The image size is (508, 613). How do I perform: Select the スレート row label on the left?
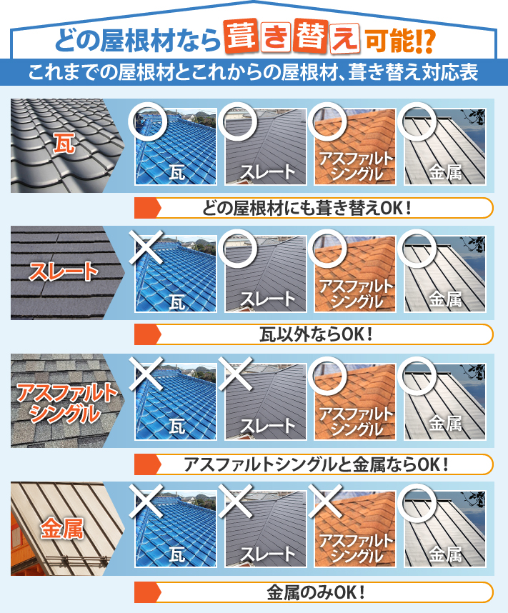pos(63,271)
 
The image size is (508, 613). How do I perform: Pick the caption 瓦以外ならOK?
pos(315,334)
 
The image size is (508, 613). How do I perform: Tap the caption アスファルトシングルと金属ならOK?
pos(315,464)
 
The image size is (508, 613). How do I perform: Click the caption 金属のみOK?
pos(315,592)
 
